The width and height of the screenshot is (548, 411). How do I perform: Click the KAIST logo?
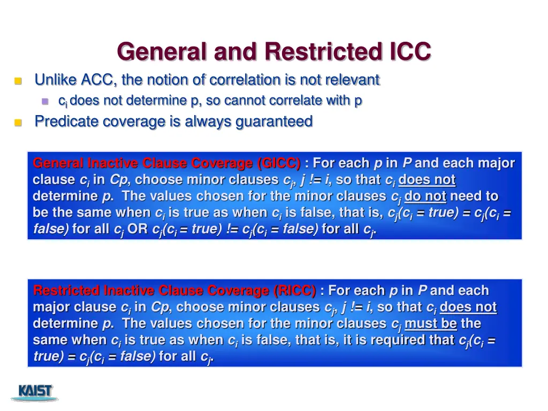[36, 392]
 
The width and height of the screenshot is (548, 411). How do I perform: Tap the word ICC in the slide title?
[407, 52]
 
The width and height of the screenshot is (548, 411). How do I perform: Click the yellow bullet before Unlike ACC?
[18, 81]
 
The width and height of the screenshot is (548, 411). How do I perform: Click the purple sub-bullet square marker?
[45, 101]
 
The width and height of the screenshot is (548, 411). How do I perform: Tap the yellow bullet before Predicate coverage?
[18, 123]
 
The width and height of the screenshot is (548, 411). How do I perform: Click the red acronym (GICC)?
[278, 163]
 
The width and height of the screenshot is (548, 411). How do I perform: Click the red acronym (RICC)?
[294, 291]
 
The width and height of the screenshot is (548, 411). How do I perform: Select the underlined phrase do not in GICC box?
[425, 196]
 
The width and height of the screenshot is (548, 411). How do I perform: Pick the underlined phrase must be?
[431, 323]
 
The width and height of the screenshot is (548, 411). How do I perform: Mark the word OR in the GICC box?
[138, 229]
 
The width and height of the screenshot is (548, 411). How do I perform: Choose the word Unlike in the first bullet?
[56, 80]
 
